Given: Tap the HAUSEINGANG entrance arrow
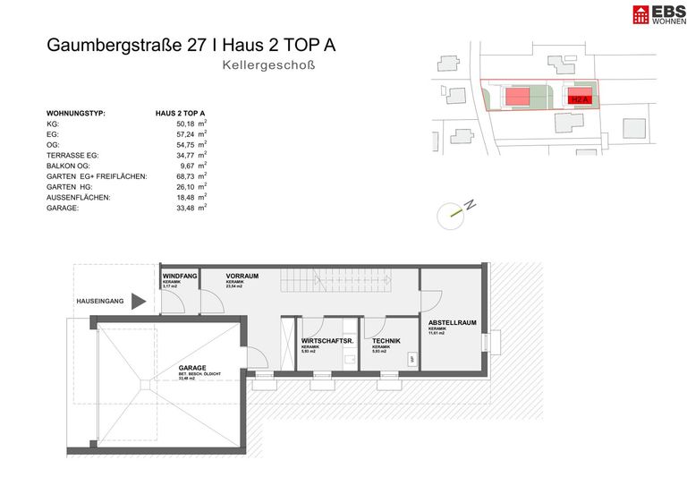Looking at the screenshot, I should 139,302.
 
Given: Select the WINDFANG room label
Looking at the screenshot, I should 179,277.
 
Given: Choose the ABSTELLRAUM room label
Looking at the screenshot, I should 451,322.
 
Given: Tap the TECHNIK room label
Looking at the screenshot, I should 386,342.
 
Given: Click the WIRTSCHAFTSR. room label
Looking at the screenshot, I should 327,342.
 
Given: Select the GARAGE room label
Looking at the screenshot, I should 192,367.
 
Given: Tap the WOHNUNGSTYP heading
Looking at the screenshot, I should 76,114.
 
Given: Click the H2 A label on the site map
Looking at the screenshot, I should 580,98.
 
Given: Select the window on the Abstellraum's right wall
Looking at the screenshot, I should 486,344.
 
